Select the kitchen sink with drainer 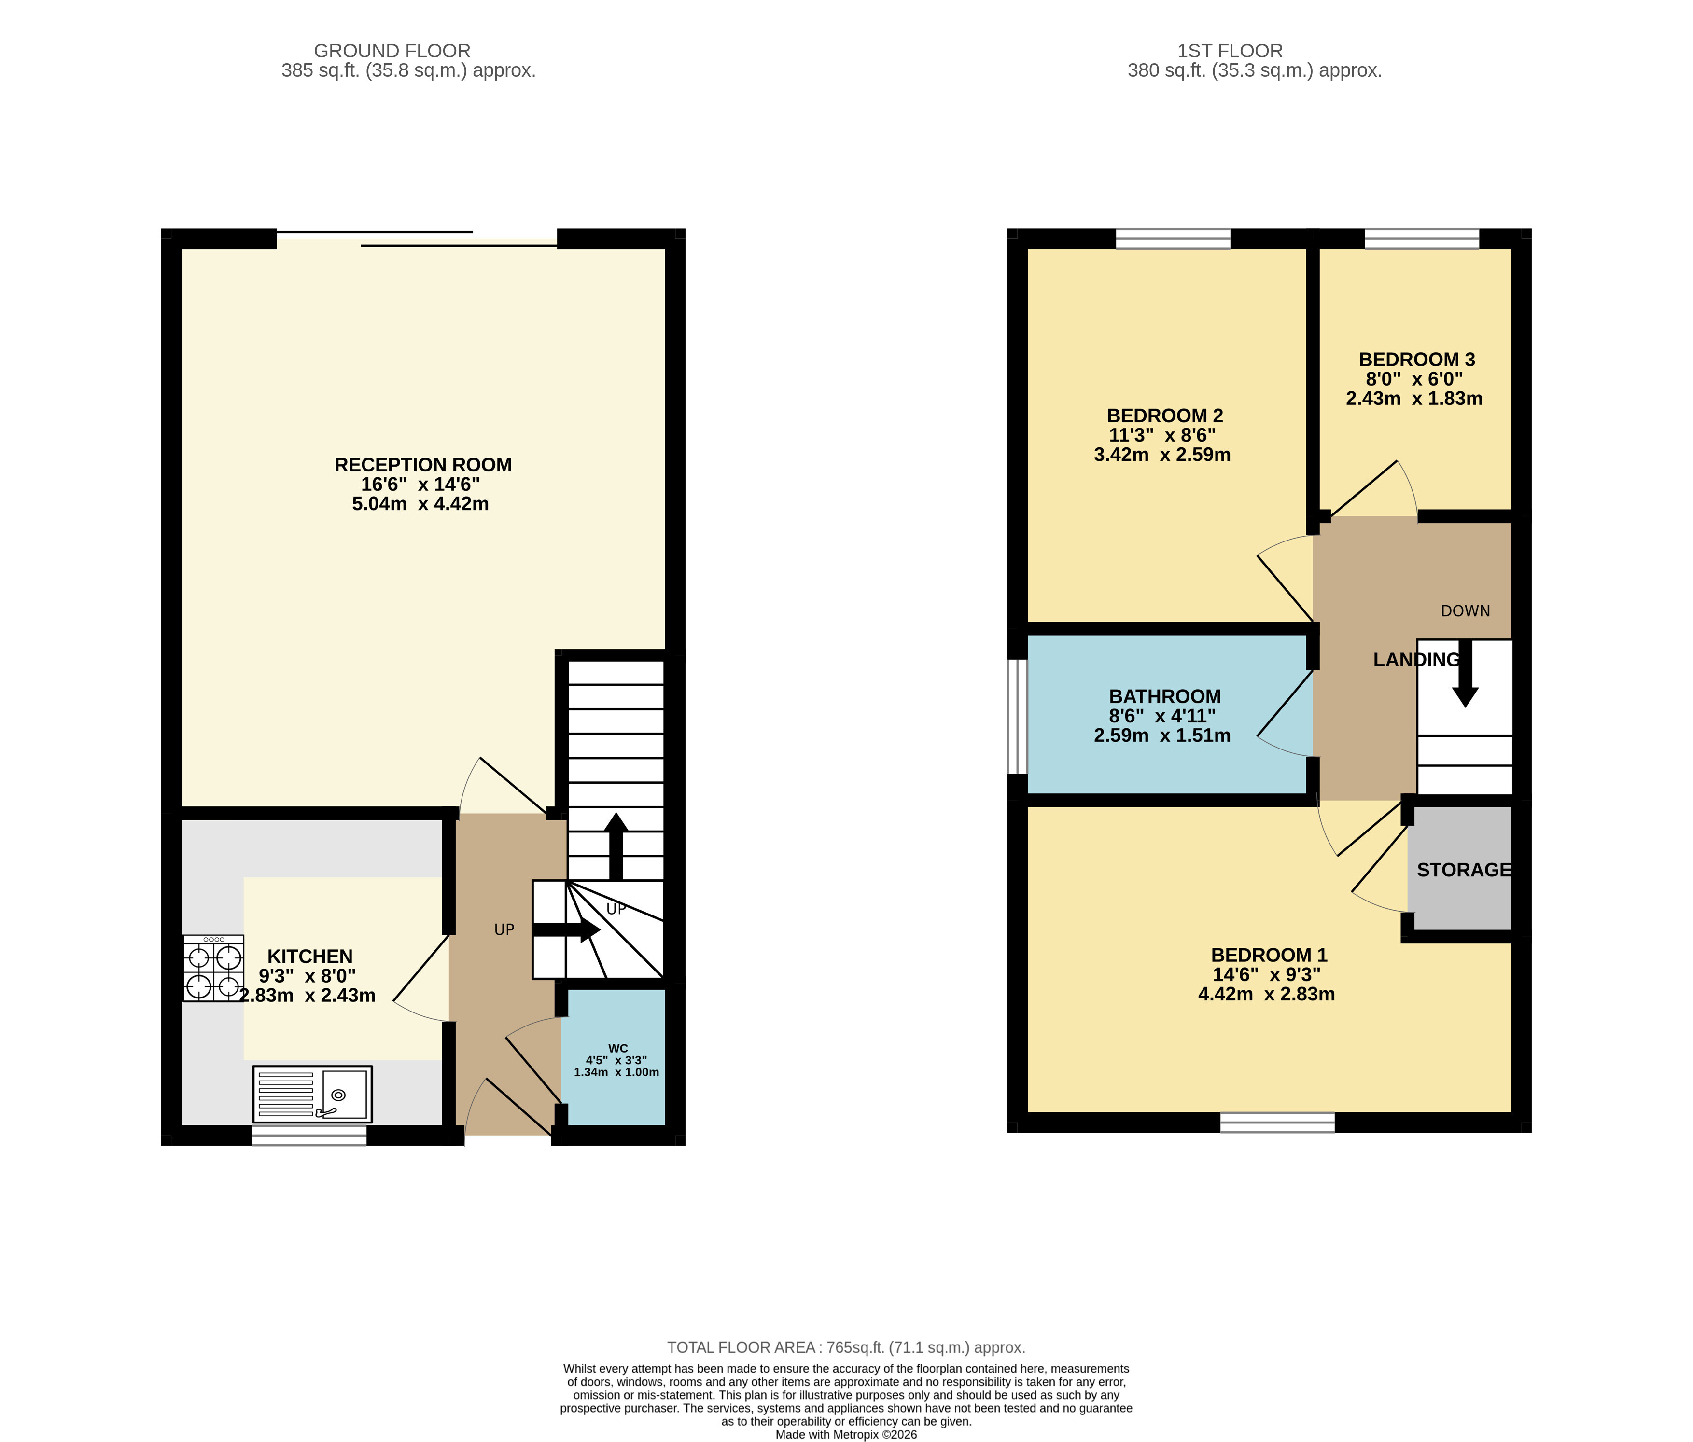point(312,1094)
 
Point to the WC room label point(618,1048)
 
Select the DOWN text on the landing point(1465,611)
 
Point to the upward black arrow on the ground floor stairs point(616,846)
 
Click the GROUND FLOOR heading point(392,51)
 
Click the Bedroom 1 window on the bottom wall point(1277,1123)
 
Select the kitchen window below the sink point(309,1136)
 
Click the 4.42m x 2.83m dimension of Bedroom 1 point(1266,994)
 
